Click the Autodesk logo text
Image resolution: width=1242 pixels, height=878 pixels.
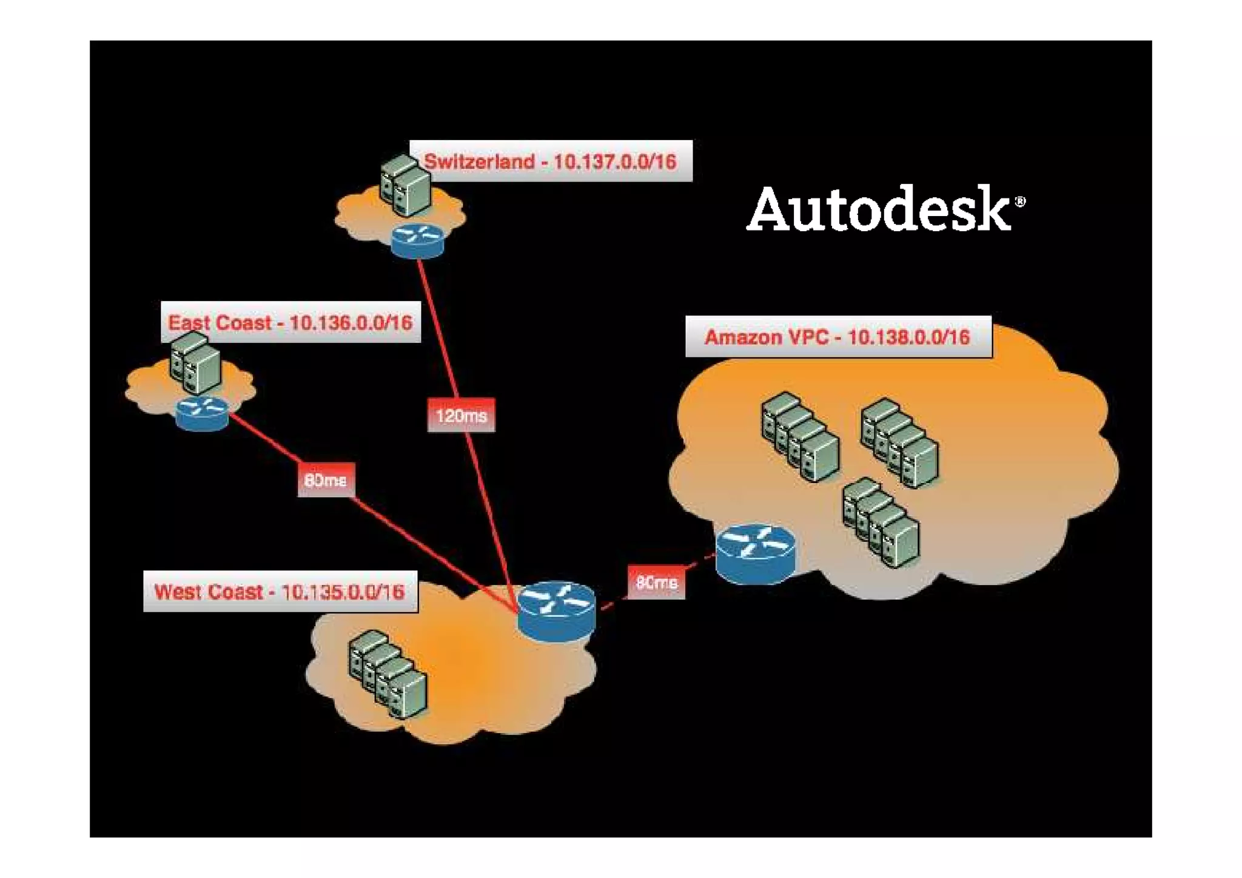tap(879, 209)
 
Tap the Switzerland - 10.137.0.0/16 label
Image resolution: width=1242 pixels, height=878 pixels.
tap(551, 161)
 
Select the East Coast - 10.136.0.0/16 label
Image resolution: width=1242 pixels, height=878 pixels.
tap(290, 322)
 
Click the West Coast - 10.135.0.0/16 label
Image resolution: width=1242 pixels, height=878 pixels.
tap(280, 592)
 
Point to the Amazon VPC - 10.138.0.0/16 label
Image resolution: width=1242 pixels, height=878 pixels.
tap(838, 337)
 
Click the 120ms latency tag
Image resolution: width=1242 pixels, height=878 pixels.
tap(461, 416)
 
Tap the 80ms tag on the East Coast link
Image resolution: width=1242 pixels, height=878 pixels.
tap(326, 480)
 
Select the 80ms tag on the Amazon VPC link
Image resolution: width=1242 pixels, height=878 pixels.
tap(657, 583)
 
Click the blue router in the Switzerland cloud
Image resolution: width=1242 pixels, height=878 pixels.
tap(417, 240)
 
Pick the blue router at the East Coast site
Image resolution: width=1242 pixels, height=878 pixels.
tap(203, 413)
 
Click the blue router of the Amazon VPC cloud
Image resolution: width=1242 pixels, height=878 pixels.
tap(755, 554)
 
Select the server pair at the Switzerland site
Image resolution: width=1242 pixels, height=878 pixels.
tap(405, 185)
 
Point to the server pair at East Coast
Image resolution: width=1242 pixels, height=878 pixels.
tap(195, 363)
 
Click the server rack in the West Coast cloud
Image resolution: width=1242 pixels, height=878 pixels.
tap(388, 674)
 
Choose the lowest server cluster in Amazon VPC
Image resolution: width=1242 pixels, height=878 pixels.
tap(881, 522)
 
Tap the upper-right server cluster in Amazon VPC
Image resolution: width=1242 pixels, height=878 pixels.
tap(900, 442)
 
